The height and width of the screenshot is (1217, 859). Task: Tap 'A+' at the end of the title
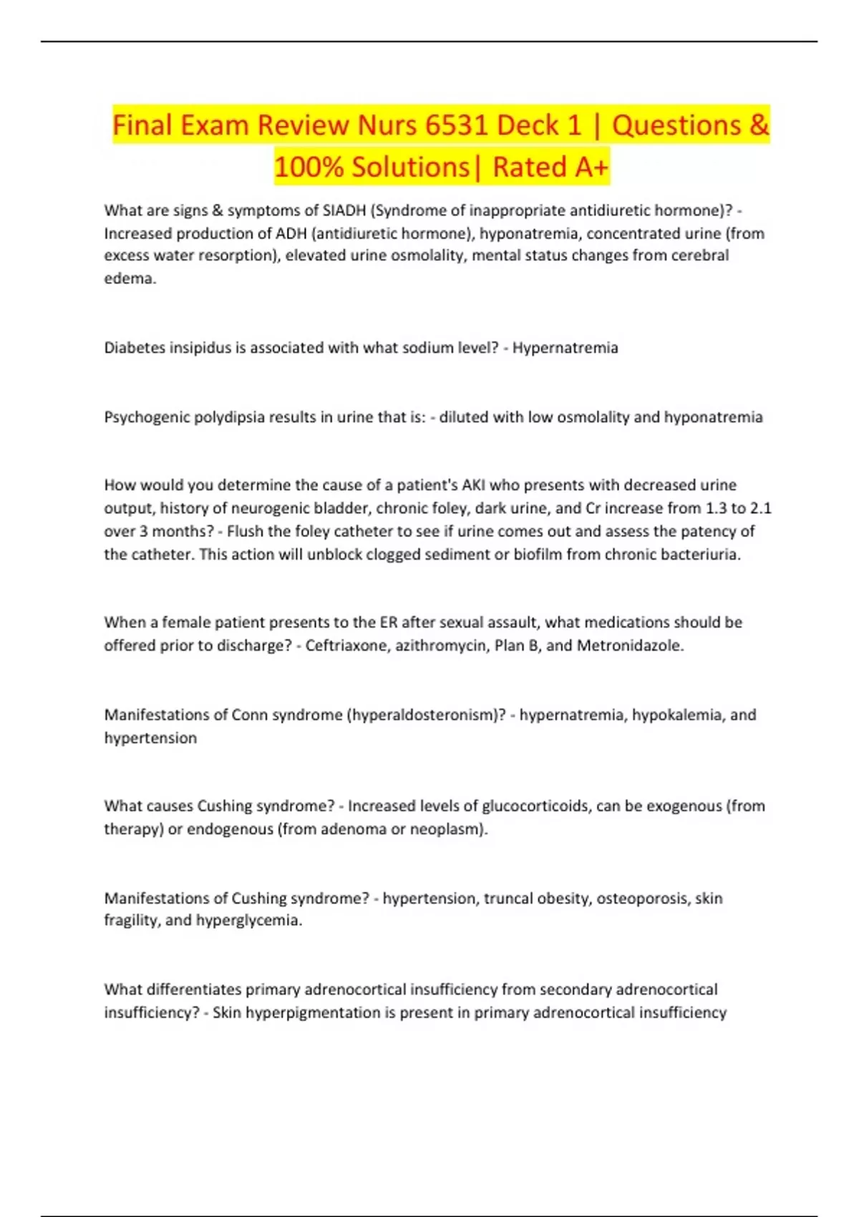coord(591,167)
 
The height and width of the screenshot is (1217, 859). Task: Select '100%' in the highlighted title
coord(309,167)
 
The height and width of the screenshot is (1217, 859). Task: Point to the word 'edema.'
coord(130,278)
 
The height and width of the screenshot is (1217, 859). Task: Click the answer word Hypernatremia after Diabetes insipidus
coord(565,348)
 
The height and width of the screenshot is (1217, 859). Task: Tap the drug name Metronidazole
coord(630,646)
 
